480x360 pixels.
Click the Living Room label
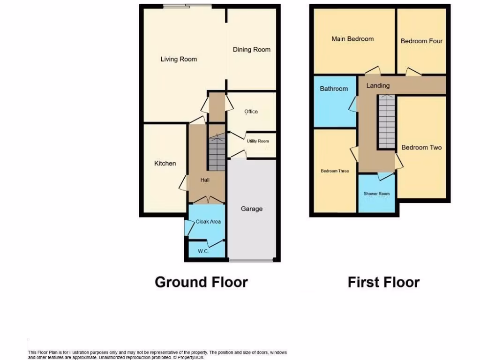179,59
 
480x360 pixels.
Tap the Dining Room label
252,49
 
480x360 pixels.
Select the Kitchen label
165,163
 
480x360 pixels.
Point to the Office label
251,112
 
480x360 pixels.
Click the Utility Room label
257,141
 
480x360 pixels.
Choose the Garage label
252,209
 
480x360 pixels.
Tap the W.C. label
203,251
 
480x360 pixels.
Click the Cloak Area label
208,222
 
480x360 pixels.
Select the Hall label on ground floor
205,180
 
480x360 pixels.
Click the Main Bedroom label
352,39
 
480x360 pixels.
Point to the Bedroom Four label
421,41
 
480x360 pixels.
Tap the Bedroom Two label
421,147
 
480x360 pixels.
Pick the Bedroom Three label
335,171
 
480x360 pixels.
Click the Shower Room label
376,194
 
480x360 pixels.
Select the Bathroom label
334,89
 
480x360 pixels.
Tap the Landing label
378,85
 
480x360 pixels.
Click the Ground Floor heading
201,282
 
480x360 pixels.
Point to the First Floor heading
383,282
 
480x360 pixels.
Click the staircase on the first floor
387,122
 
